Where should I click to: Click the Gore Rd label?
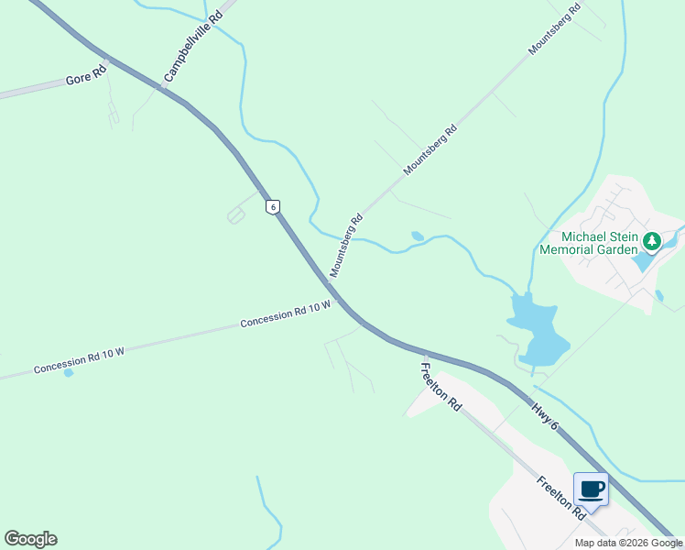coord(80,80)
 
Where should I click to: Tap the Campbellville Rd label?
coord(193,45)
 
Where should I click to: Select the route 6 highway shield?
coord(272,206)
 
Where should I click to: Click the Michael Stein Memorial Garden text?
coord(587,242)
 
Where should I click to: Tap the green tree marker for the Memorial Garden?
coord(651,242)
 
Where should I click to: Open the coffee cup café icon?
coord(592,489)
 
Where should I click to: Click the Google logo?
coord(30,539)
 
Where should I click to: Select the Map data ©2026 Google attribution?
coord(628,543)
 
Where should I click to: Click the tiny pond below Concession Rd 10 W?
coord(69,372)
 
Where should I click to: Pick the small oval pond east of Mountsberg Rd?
coord(418,236)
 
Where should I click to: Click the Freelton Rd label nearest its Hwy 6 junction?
coord(440,386)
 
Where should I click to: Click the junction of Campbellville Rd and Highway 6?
coord(163,88)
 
